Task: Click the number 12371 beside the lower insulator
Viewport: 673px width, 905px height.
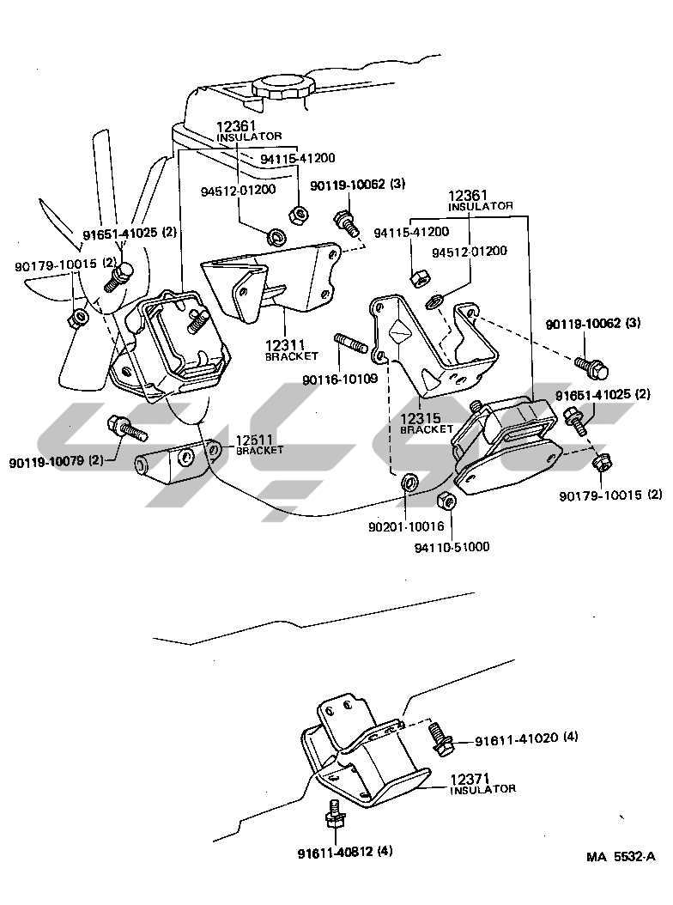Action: [470, 777]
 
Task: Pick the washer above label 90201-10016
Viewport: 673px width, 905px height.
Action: [409, 481]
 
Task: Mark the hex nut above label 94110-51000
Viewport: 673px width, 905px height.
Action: [445, 501]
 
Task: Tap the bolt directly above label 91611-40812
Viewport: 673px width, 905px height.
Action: [335, 812]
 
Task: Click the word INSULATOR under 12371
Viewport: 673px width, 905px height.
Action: [482, 789]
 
